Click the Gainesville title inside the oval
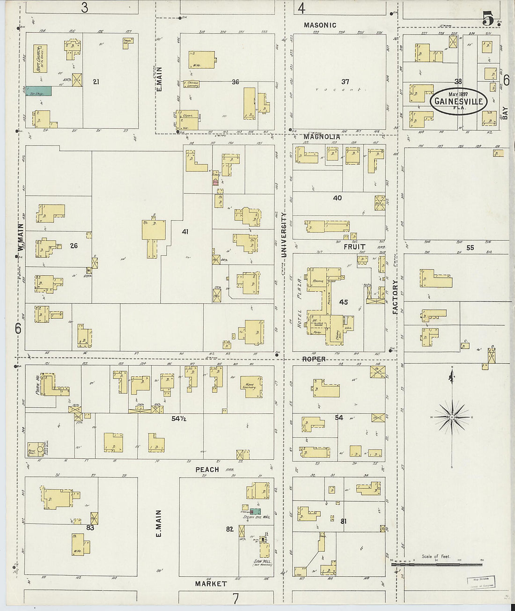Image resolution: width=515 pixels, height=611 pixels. (x=459, y=101)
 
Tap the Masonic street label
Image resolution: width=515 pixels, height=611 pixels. (x=320, y=25)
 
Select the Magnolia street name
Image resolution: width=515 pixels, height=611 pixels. (x=321, y=137)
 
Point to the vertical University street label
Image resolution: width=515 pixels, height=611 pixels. (x=283, y=235)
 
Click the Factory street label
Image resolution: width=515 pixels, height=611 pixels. (x=395, y=297)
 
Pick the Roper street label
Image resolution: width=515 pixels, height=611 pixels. (x=314, y=359)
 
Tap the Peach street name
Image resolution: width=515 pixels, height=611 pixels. (x=207, y=469)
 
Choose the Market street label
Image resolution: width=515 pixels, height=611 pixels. (x=211, y=584)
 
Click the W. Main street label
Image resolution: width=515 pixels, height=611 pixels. (x=21, y=239)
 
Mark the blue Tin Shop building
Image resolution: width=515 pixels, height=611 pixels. (x=38, y=91)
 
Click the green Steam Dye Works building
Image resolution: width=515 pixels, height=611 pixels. (x=255, y=511)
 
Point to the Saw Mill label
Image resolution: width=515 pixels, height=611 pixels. (x=262, y=561)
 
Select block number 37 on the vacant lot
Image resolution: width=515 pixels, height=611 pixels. (x=345, y=81)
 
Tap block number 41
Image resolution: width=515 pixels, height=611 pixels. (x=185, y=231)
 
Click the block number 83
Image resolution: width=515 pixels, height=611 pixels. (x=90, y=527)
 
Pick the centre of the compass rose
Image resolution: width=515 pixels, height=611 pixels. (x=452, y=417)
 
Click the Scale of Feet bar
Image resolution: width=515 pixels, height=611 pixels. (x=435, y=565)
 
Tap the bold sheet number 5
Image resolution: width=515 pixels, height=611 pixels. (x=488, y=20)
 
